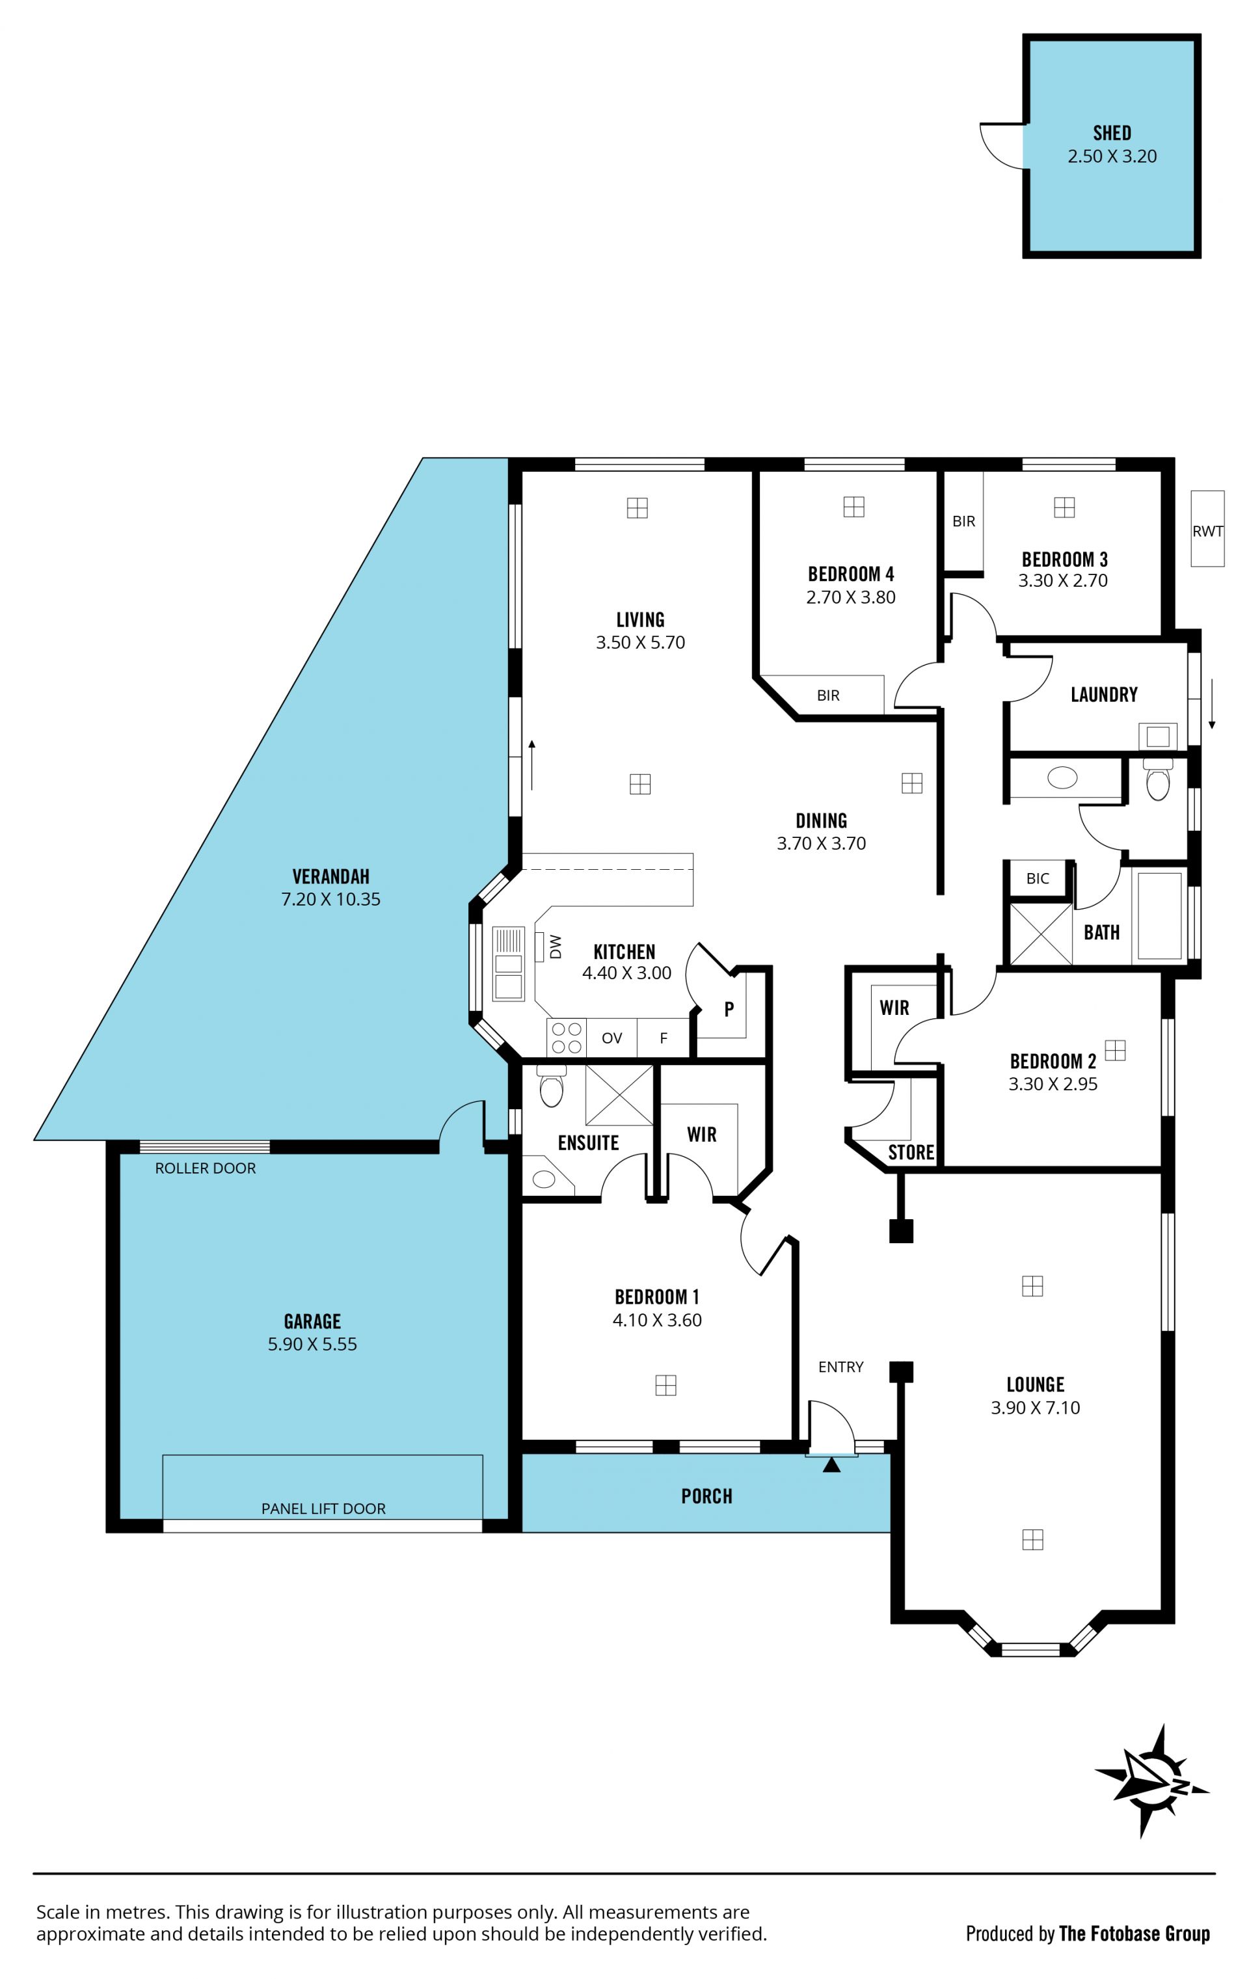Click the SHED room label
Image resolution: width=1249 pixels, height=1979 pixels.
(x=1111, y=133)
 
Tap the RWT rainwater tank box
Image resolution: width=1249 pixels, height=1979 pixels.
(x=1207, y=528)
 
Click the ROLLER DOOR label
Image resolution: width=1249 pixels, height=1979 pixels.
(x=206, y=1168)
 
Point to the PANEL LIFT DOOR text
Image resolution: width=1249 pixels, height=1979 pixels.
(x=323, y=1508)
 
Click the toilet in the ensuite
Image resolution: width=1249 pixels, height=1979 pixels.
(x=552, y=1086)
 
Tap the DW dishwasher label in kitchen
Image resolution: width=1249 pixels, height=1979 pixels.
(x=556, y=946)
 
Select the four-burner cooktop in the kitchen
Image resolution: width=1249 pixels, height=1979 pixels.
(x=565, y=1037)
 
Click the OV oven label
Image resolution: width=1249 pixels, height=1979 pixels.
(x=611, y=1038)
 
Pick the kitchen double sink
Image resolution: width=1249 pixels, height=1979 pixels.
(x=508, y=963)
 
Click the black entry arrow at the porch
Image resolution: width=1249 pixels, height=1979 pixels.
(x=831, y=1464)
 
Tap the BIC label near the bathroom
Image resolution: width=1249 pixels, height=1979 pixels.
(x=1037, y=878)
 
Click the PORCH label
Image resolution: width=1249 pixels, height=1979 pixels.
(x=706, y=1496)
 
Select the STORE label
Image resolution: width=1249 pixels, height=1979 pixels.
(x=911, y=1152)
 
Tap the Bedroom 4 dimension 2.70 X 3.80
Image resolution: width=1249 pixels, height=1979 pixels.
(x=850, y=597)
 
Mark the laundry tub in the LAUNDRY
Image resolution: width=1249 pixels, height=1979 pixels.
(x=1158, y=736)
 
